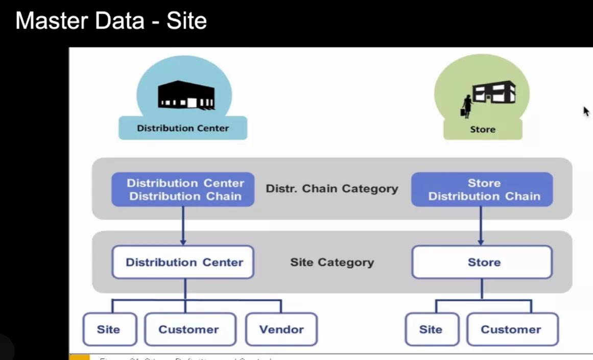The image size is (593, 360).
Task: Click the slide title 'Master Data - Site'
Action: pos(111,21)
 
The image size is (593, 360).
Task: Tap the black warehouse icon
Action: pos(185,95)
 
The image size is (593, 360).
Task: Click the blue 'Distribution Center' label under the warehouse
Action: pos(183,128)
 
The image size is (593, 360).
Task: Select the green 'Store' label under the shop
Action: pos(483,129)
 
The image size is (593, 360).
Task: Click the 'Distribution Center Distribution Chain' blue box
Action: pos(183,189)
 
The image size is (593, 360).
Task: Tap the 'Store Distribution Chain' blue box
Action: pos(482,189)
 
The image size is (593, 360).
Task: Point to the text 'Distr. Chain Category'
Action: pos(332,188)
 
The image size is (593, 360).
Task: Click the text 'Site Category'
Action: pos(332,262)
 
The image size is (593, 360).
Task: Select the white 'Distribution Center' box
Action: pos(183,262)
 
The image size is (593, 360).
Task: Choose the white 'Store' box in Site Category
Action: pos(482,262)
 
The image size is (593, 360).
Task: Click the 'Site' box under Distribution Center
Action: pos(109,329)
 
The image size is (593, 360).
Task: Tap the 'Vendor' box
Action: pos(281,329)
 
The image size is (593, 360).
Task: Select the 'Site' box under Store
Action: pos(431,329)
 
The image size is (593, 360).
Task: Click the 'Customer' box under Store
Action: pos(511,329)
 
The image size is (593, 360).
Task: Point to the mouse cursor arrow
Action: pos(586,111)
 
